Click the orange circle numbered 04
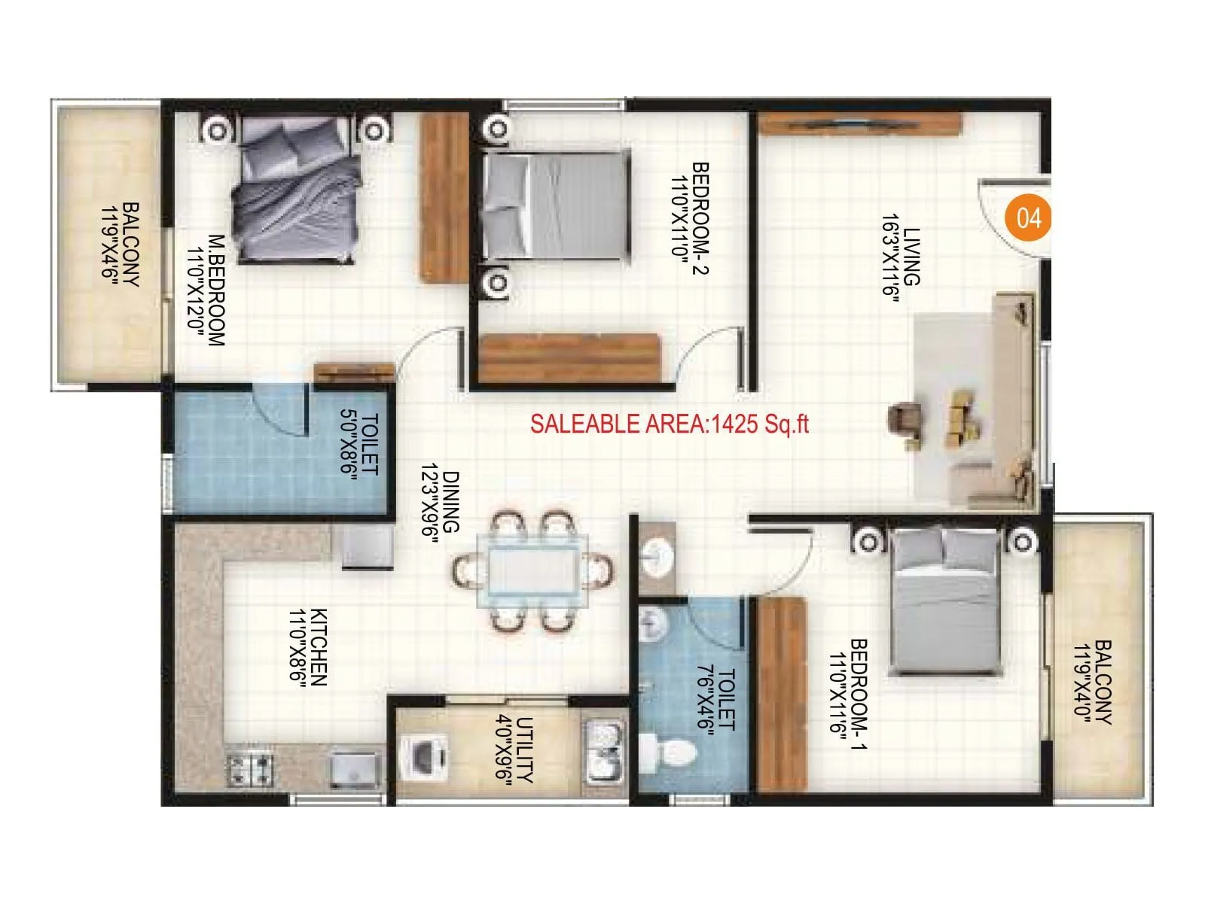[x=1028, y=217]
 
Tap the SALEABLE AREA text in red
[x=669, y=424]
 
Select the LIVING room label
[x=911, y=257]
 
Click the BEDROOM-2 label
[x=700, y=218]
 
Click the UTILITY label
[x=526, y=751]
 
